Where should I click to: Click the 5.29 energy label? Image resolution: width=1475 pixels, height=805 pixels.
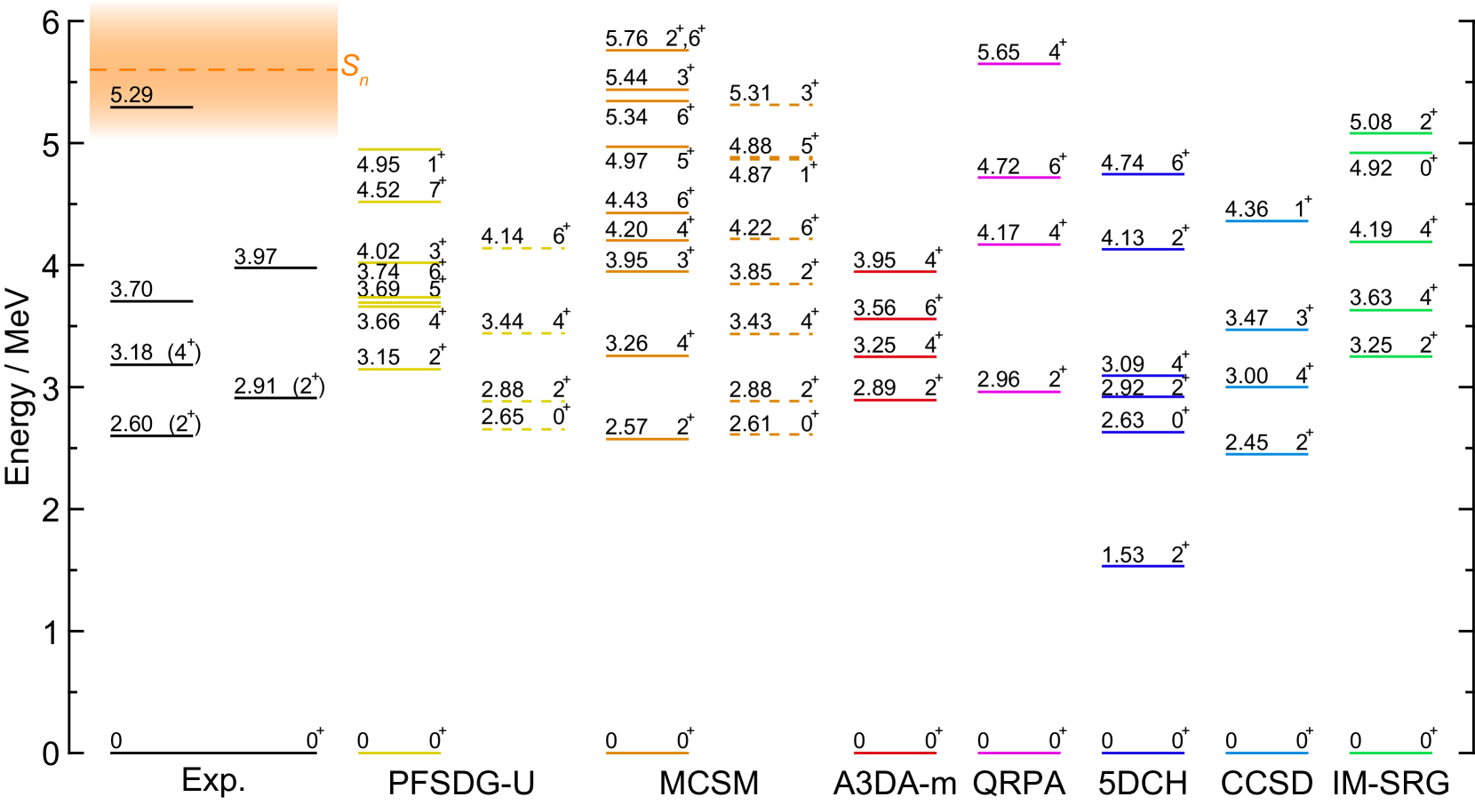[x=132, y=95]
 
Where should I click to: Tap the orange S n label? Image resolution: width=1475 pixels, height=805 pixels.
[x=354, y=68]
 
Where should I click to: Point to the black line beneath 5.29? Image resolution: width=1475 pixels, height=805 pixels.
[x=151, y=108]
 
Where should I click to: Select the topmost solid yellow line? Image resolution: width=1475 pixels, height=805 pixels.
[x=400, y=149]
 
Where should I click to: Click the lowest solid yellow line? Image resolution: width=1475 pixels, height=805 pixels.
[x=400, y=753]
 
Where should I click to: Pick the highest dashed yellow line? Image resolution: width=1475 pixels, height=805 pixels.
[x=523, y=248]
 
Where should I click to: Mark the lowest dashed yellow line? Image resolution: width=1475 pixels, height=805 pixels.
[x=523, y=429]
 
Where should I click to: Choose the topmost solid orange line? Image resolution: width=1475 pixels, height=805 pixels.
[x=647, y=51]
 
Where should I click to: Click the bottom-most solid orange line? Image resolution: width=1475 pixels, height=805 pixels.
[x=647, y=753]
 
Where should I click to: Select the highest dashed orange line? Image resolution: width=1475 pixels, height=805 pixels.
[x=771, y=105]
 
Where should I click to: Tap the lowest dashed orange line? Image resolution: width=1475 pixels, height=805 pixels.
[x=771, y=434]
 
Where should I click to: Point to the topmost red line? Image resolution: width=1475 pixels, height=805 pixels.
[x=895, y=272]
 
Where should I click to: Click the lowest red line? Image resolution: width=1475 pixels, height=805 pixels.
[x=895, y=753]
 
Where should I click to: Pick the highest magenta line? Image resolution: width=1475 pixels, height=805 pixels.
[x=1019, y=64]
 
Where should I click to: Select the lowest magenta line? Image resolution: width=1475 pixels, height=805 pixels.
[x=1019, y=753]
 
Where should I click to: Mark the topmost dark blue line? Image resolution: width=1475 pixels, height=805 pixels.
[x=1143, y=174]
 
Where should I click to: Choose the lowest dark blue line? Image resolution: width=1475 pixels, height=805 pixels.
[x=1143, y=753]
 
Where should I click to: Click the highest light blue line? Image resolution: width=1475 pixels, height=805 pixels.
[x=1267, y=221]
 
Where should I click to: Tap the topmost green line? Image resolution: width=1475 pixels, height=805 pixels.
[x=1391, y=133]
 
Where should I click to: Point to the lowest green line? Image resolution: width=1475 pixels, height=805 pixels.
[x=1391, y=753]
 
